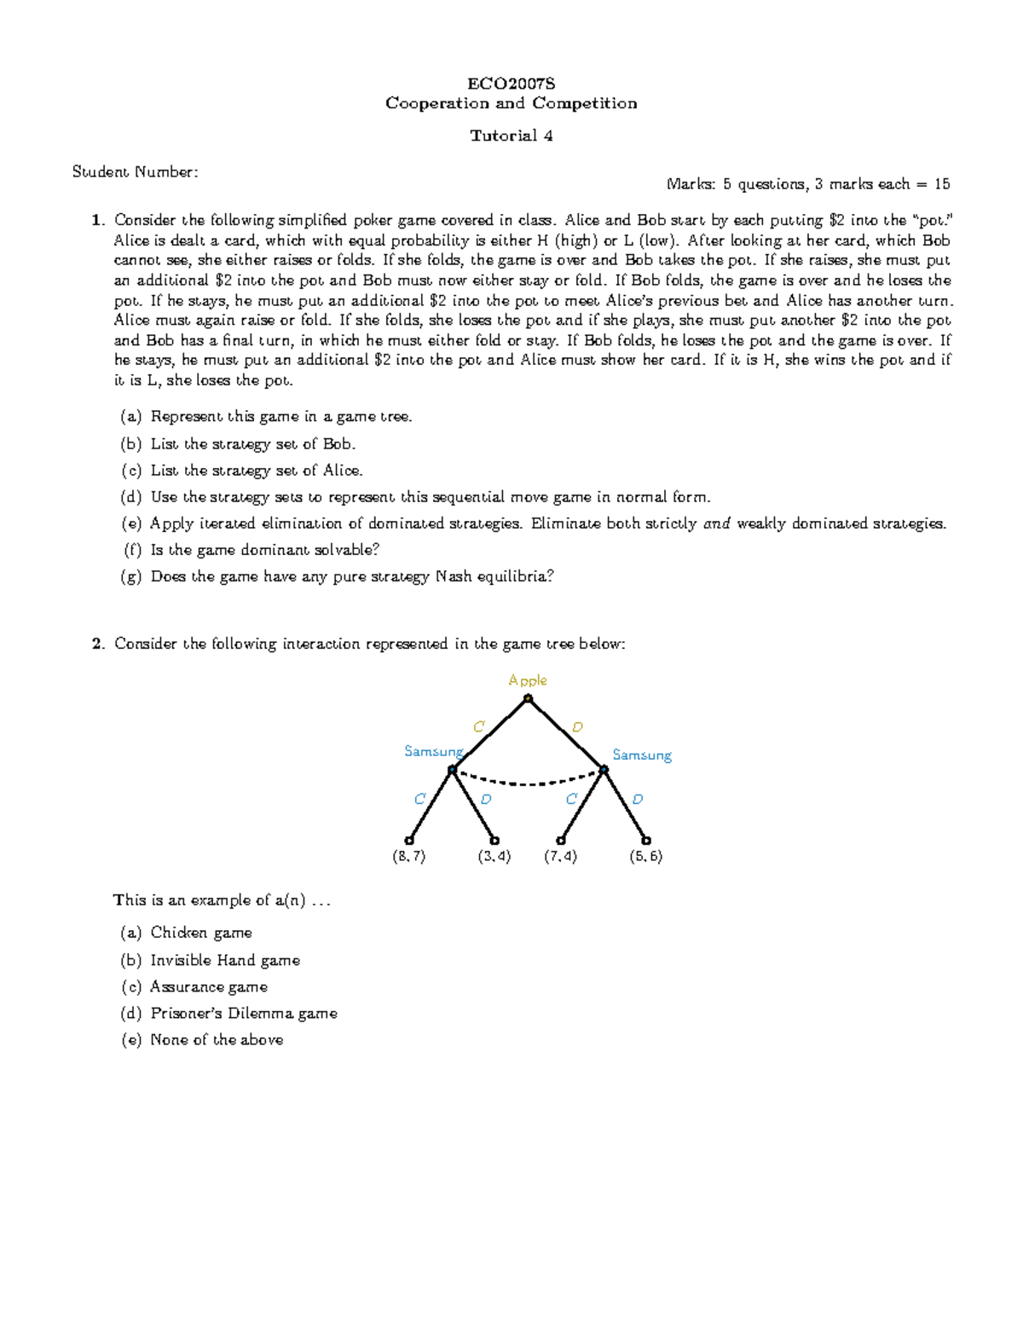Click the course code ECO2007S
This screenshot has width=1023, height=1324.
point(511,84)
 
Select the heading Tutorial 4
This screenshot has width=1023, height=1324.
point(511,136)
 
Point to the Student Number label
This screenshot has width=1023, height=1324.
point(135,172)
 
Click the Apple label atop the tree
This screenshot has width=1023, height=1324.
point(527,680)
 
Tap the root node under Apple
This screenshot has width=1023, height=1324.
point(529,699)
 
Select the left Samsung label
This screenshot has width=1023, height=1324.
point(433,751)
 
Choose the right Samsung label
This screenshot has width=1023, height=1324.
point(642,755)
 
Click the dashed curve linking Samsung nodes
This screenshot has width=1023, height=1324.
point(529,783)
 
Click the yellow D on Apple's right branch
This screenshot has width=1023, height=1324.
point(577,727)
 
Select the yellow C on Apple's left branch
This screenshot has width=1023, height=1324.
point(478,726)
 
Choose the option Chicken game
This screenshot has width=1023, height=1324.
point(200,933)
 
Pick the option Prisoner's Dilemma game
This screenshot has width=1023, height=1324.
point(243,1013)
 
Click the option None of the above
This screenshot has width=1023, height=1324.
point(217,1039)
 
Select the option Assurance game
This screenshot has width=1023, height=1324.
point(209,986)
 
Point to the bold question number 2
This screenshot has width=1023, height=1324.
point(97,644)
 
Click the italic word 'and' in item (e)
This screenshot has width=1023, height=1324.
point(716,523)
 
